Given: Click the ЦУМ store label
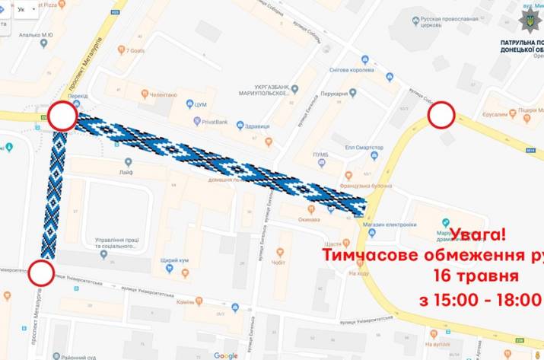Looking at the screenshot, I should (x=201, y=104).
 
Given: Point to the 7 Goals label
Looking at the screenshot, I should (x=135, y=50).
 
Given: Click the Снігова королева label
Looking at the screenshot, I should (x=352, y=69).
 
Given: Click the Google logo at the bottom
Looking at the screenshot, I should (x=225, y=355).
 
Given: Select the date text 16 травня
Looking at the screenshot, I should (x=476, y=276).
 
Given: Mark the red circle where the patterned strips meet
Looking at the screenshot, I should (x=62, y=117).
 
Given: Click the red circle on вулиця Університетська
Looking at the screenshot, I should (x=42, y=270).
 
